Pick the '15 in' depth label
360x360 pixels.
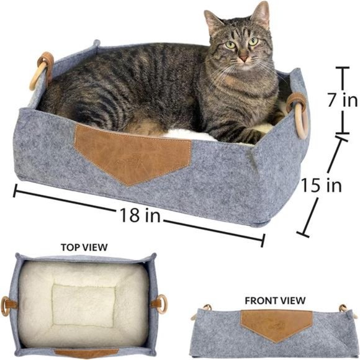pos(322,184)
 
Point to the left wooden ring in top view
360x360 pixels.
pos(9,305)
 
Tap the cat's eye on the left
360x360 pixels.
pos(231,45)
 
